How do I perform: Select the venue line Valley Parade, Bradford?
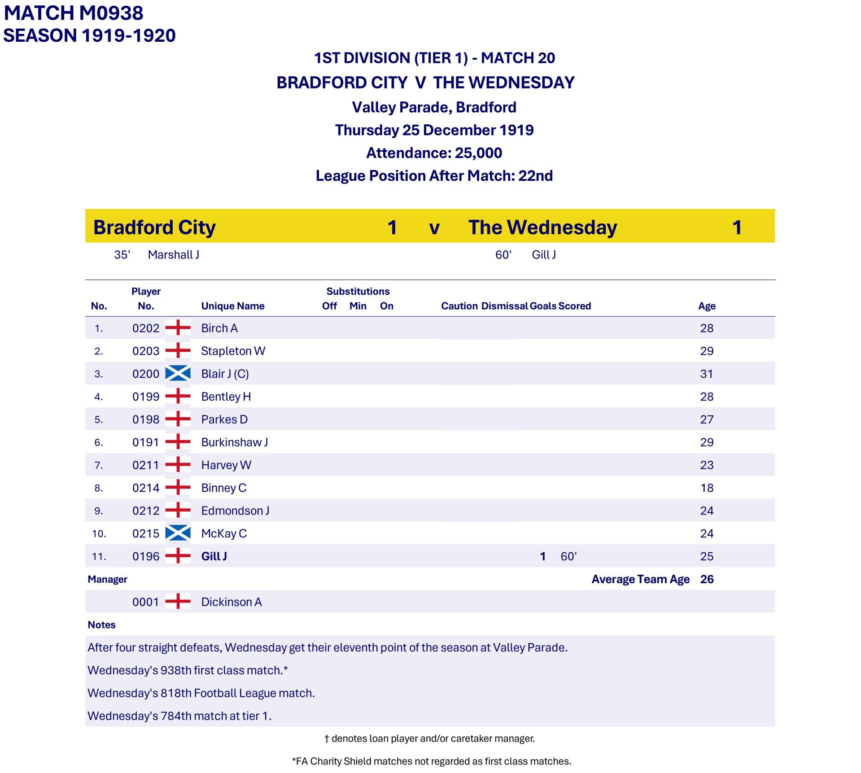click(x=434, y=107)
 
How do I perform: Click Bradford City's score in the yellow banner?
click(x=392, y=227)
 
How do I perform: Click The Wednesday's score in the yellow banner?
click(x=737, y=227)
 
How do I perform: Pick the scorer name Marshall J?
click(x=173, y=255)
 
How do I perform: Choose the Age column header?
click(x=707, y=306)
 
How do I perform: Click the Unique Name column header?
click(x=232, y=306)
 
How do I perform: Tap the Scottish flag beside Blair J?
click(x=178, y=374)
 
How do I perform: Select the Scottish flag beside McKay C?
click(x=178, y=533)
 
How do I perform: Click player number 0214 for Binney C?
click(x=146, y=488)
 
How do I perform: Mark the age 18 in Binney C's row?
click(x=707, y=488)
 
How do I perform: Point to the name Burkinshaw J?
click(x=234, y=442)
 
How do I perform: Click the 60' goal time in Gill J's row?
click(x=568, y=557)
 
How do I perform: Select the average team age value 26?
click(x=707, y=579)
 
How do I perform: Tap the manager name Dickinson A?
click(x=231, y=602)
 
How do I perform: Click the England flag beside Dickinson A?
click(x=178, y=602)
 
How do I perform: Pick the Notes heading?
click(x=101, y=625)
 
